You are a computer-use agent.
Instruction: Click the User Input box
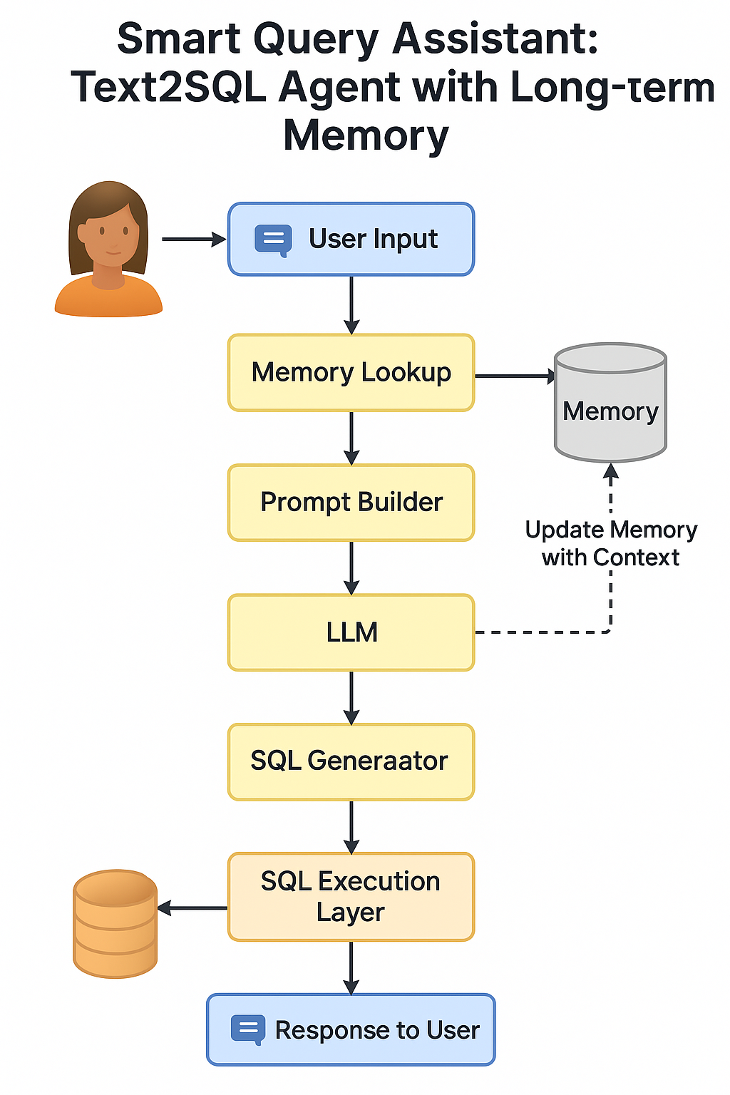click(x=351, y=240)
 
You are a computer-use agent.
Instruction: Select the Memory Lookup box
click(x=351, y=373)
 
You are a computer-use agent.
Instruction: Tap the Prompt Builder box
click(x=351, y=503)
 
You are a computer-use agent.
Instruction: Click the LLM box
click(x=351, y=632)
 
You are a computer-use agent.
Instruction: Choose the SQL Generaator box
click(x=351, y=761)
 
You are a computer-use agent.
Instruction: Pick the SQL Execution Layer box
click(x=351, y=897)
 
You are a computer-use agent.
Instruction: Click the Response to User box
click(x=351, y=1030)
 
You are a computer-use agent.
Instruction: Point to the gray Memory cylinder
click(x=610, y=406)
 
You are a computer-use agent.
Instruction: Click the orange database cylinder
click(x=115, y=923)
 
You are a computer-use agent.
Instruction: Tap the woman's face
click(x=109, y=235)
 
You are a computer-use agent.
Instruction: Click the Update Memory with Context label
click(x=610, y=543)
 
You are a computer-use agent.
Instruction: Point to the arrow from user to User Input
click(x=193, y=240)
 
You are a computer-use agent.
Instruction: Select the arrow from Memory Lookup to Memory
click(x=515, y=376)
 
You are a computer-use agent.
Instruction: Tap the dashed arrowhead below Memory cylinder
click(x=611, y=471)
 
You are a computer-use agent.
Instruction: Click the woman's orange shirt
click(x=108, y=299)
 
